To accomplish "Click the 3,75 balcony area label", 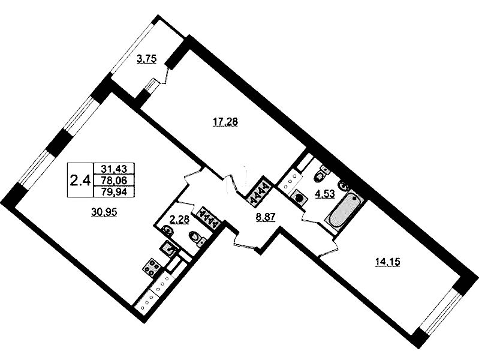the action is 147,59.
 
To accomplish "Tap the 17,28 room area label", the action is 225,122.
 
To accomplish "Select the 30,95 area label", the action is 104,211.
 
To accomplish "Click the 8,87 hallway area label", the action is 266,217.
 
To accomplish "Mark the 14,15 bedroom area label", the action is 387,262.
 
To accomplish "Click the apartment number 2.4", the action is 80,181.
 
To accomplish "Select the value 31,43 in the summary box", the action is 115,168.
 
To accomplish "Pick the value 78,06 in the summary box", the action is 115,180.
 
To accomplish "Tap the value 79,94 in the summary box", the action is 115,192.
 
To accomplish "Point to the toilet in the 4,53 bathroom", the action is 321,173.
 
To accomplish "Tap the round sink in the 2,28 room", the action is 167,230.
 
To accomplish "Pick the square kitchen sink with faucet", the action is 168,248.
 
